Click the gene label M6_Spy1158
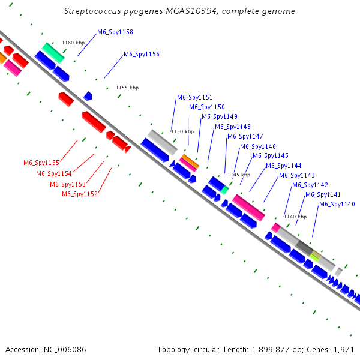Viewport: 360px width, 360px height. point(115,32)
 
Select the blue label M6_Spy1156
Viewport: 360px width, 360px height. point(142,54)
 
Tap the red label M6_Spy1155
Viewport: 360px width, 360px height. point(41,163)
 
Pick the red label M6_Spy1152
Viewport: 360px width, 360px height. point(80,194)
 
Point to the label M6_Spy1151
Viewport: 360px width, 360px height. point(194,97)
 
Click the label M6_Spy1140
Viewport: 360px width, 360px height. point(337,204)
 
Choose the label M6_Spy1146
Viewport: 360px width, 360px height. point(258,146)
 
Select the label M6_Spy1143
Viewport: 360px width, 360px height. point(297,175)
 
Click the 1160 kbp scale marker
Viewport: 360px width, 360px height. point(74,43)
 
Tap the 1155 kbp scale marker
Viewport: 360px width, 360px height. point(127,88)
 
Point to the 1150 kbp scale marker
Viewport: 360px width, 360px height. point(182,131)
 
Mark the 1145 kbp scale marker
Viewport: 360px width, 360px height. point(239,175)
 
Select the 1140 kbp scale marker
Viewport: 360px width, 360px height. point(295,217)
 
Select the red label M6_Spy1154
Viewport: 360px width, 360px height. point(54,173)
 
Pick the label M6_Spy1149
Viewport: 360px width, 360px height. point(220,116)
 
